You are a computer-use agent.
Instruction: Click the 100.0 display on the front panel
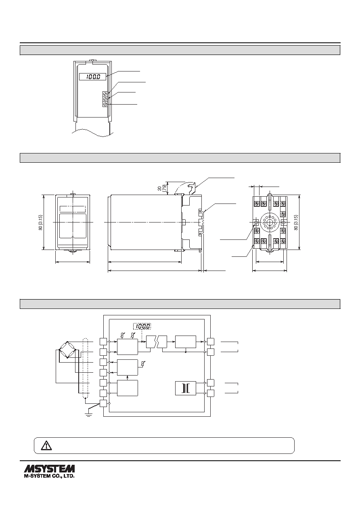point(92,77)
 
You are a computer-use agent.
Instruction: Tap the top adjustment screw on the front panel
point(105,94)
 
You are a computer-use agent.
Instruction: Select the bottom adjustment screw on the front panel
point(105,104)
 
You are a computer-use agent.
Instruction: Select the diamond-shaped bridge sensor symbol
point(67,350)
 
